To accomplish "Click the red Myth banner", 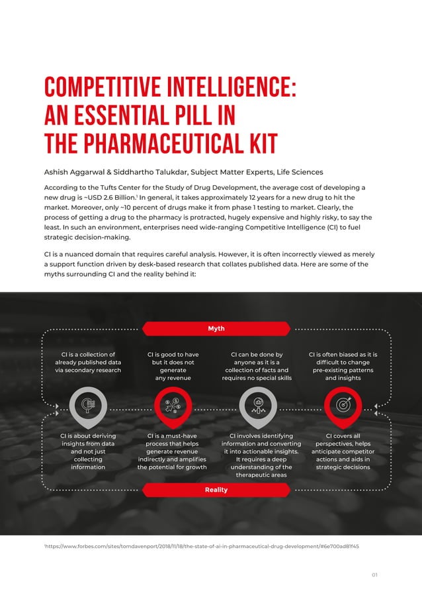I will pyautogui.click(x=216, y=328).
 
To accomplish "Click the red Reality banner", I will pyautogui.click(x=216, y=490).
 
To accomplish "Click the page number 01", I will pyautogui.click(x=374, y=574).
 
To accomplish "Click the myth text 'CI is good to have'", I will pyautogui.click(x=173, y=355).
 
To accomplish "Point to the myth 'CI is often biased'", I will pyautogui.click(x=343, y=355).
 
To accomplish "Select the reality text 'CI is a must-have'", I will pyautogui.click(x=173, y=436).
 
